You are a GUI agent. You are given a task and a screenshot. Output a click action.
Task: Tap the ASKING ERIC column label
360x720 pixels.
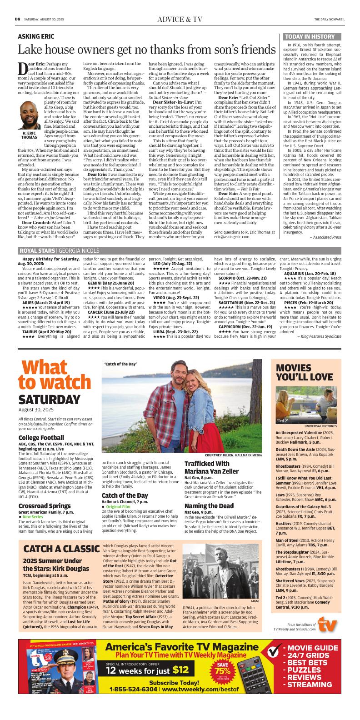tap(37, 36)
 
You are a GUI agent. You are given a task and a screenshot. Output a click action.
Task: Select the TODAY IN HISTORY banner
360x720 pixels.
tap(309, 37)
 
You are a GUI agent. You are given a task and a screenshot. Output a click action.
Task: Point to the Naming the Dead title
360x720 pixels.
tap(209, 505)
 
